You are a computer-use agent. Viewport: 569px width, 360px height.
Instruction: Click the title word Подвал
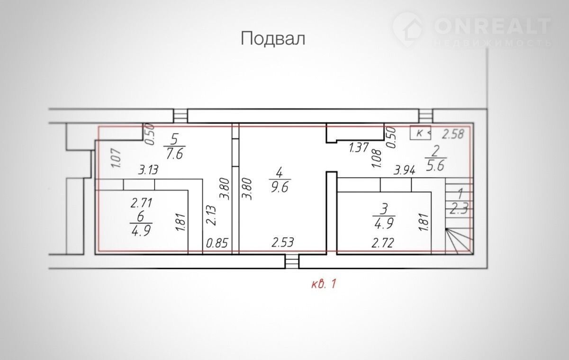[273, 39]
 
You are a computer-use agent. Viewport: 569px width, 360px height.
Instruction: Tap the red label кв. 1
[324, 284]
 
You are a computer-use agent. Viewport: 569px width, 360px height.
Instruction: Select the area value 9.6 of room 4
[280, 188]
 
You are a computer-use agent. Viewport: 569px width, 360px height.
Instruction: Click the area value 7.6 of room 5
[174, 153]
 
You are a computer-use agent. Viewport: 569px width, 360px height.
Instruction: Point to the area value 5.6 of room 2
[435, 166]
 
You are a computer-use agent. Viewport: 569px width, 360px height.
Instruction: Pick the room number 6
[140, 217]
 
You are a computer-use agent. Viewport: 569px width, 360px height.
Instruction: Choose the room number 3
[384, 209]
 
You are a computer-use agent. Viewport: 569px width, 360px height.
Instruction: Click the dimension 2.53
[283, 243]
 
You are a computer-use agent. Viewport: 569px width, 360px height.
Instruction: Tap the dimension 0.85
[217, 243]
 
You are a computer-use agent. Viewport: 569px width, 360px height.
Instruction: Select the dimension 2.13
[211, 215]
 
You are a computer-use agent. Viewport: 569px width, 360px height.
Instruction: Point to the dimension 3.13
[148, 170]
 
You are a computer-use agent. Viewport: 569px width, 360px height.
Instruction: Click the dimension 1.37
[359, 147]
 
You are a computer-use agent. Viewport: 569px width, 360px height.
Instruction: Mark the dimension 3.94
[405, 170]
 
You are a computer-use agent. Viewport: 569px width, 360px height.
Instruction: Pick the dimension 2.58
[453, 134]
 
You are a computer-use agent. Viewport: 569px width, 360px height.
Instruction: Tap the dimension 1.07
[117, 158]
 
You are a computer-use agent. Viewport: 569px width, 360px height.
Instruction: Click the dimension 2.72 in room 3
[383, 243]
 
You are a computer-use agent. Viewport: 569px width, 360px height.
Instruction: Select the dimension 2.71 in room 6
[142, 203]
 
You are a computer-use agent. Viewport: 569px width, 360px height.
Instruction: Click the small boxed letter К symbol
[420, 133]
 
